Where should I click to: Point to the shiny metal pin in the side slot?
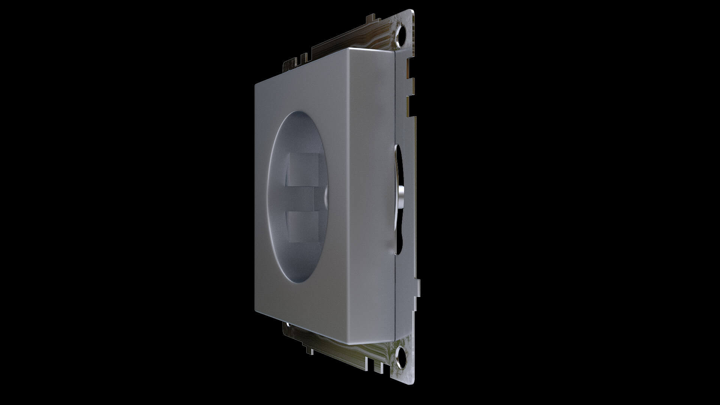(x=401, y=196)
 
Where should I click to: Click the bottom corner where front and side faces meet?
(x=347, y=344)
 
